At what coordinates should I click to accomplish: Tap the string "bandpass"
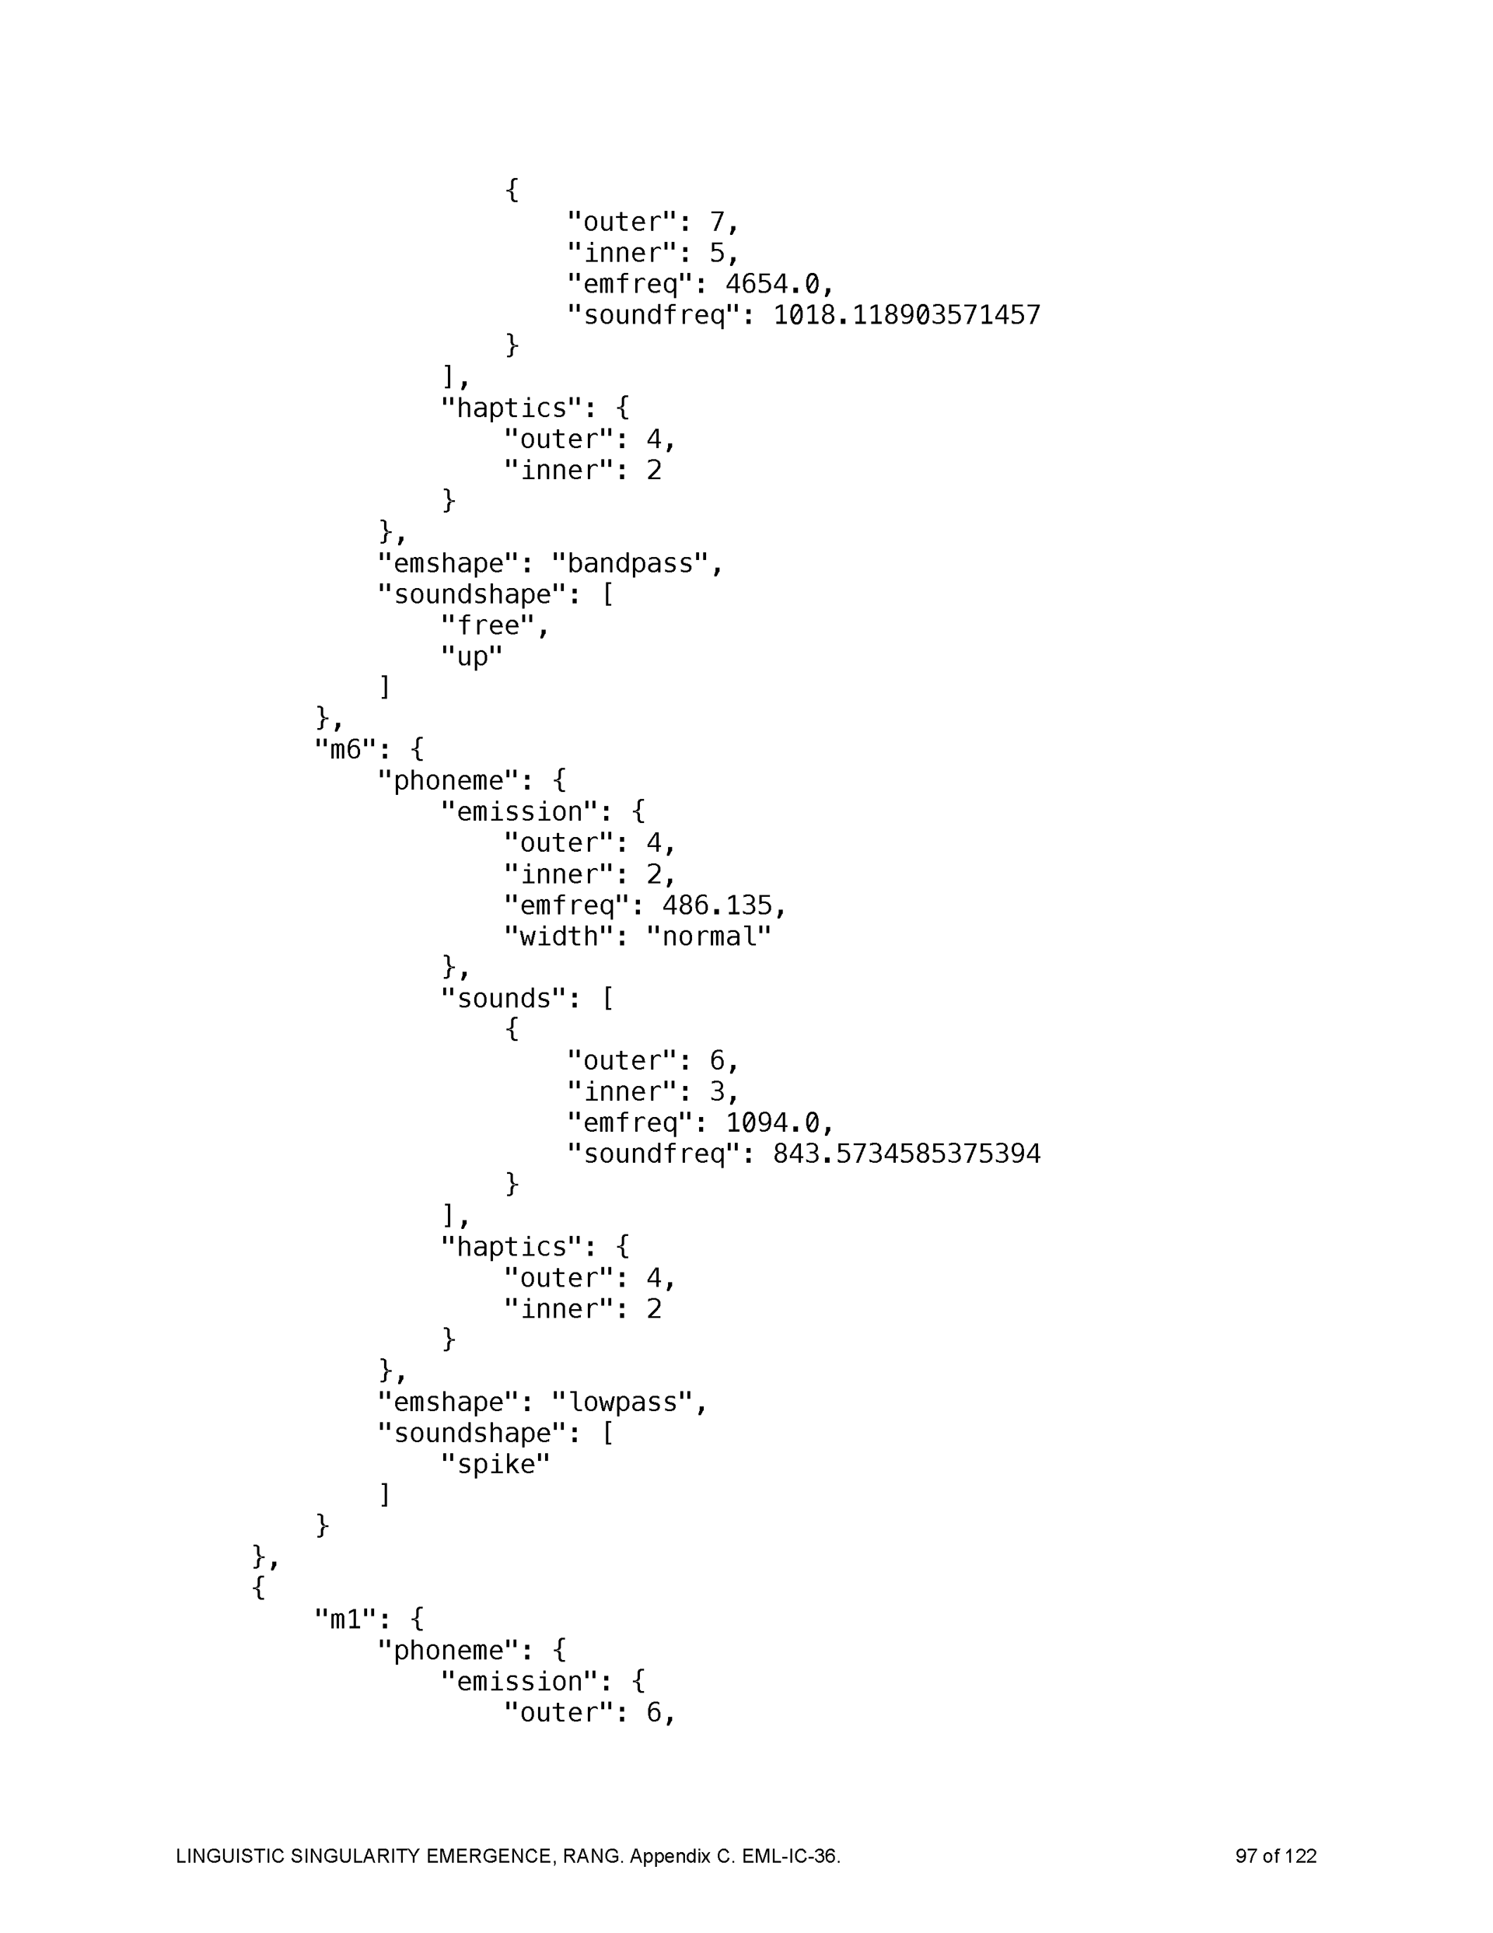630,564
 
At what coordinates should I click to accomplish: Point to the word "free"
488,625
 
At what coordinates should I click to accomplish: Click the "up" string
472,657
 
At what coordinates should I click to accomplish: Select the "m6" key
346,751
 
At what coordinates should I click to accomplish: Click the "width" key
558,937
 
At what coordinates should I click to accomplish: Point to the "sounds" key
511,998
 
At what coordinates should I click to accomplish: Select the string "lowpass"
622,1402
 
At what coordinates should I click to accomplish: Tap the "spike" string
495,1465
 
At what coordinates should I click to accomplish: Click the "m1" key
346,1620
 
